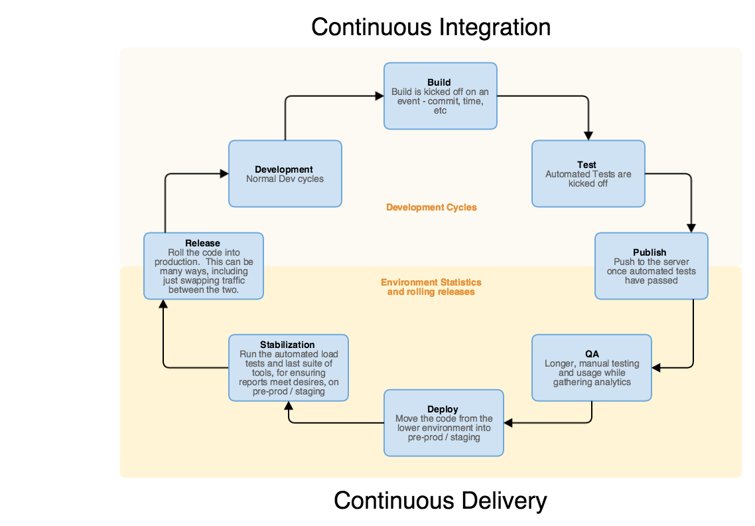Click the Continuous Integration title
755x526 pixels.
coord(431,27)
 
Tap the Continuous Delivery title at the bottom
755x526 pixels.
coord(440,500)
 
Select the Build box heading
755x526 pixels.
coord(439,82)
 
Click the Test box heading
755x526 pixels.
coord(586,165)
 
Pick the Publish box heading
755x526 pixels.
coord(650,252)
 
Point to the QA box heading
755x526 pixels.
coord(592,353)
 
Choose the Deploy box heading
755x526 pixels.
coord(443,409)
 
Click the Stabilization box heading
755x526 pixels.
coord(287,344)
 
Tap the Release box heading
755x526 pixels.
coord(202,243)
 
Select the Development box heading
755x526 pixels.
coord(284,169)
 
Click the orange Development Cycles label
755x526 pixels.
coord(431,207)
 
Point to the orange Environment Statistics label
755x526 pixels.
coord(431,282)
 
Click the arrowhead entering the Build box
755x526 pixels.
coord(379,96)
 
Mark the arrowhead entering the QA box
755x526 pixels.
coord(656,367)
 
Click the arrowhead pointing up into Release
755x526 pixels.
coord(163,304)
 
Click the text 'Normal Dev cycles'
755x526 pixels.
coord(285,179)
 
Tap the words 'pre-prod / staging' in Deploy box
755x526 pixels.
coord(444,438)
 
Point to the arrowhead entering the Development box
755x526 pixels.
coord(224,174)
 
